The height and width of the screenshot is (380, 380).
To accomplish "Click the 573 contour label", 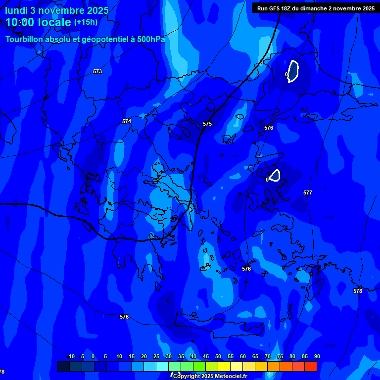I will [97, 72].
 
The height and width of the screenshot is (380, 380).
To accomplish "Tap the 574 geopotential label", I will [127, 121].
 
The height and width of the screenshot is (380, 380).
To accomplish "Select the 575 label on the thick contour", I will [207, 124].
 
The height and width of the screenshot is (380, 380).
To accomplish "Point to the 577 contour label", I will [308, 192].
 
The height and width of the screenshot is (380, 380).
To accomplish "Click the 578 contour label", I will [358, 291].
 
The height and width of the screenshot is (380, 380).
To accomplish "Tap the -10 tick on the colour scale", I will [70, 357].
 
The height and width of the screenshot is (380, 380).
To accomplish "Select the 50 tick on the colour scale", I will [218, 357].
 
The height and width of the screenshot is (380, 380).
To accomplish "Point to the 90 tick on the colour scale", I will [317, 357].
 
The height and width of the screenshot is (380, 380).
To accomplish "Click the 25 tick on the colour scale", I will [156, 357].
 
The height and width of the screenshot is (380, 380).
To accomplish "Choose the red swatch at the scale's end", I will [310, 366].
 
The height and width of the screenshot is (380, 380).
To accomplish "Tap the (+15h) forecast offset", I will [86, 22].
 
